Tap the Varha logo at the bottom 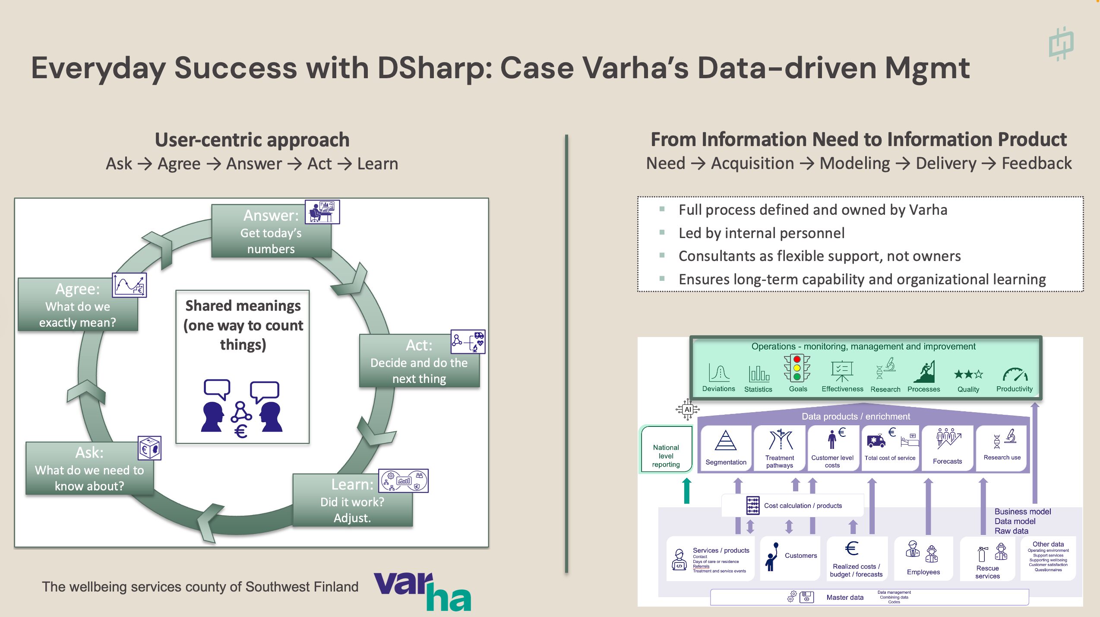[422, 591]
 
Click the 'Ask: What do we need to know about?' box [89, 469]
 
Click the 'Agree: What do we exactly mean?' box [78, 305]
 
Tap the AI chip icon [688, 409]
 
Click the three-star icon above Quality [968, 374]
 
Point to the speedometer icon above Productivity [1015, 374]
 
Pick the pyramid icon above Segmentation [726, 441]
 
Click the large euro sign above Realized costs [852, 549]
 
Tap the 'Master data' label [845, 597]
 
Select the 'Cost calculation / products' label [803, 506]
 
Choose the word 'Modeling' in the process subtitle [854, 163]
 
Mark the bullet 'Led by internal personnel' [762, 233]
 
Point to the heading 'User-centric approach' [252, 140]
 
